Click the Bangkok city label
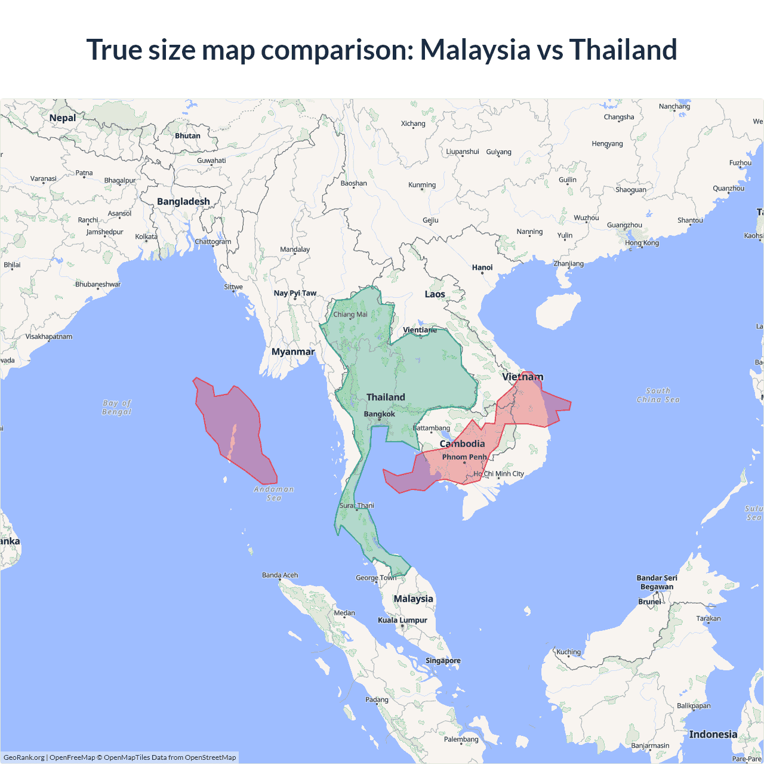pyautogui.click(x=380, y=414)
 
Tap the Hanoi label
pyautogui.click(x=482, y=267)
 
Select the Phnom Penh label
pyautogui.click(x=464, y=457)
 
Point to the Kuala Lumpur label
pyautogui.click(x=402, y=620)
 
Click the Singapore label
pyautogui.click(x=443, y=660)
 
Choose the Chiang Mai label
pyautogui.click(x=350, y=315)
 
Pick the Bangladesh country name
pyautogui.click(x=183, y=202)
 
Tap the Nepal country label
pyautogui.click(x=63, y=118)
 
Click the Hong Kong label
pyautogui.click(x=642, y=243)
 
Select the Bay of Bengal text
pyautogui.click(x=117, y=407)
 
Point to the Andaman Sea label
pyautogui.click(x=274, y=493)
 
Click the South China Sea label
pyautogui.click(x=658, y=395)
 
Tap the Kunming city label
pyautogui.click(x=422, y=184)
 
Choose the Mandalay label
pyautogui.click(x=295, y=249)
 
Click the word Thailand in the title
pyautogui.click(x=623, y=50)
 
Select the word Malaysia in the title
pyautogui.click(x=475, y=50)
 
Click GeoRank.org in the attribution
pyautogui.click(x=24, y=757)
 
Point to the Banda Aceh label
pyautogui.click(x=280, y=575)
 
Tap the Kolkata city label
pyautogui.click(x=146, y=236)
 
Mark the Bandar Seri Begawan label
pyautogui.click(x=657, y=582)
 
